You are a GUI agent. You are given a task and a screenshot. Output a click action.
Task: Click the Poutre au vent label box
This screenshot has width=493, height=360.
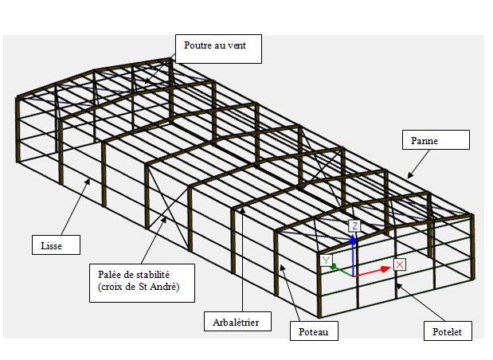(x=218, y=49)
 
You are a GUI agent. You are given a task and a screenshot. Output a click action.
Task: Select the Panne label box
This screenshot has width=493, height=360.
(x=436, y=140)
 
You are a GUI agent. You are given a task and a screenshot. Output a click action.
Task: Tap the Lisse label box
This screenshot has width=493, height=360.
(x=56, y=245)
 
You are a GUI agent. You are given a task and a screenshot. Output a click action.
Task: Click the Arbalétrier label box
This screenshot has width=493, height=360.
(x=237, y=321)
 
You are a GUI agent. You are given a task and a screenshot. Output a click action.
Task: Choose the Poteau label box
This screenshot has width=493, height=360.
(x=314, y=331)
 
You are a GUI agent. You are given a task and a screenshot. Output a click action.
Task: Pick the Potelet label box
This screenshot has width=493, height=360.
(x=448, y=331)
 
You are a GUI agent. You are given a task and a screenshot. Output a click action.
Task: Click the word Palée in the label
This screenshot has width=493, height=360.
(x=108, y=275)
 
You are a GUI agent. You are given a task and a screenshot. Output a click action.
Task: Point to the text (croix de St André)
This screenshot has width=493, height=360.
(x=139, y=287)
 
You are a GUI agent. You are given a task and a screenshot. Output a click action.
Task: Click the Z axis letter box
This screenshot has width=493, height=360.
(x=354, y=226)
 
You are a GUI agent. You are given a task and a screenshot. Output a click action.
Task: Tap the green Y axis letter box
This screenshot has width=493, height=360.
(x=327, y=260)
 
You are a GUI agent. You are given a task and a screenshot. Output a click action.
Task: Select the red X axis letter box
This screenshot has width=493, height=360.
(x=400, y=264)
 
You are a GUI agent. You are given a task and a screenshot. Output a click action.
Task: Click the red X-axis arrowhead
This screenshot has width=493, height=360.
(x=385, y=269)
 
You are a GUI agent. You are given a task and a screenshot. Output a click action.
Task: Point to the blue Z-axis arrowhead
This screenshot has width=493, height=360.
(x=353, y=240)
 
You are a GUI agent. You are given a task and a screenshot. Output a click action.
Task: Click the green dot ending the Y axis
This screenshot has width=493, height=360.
(x=334, y=267)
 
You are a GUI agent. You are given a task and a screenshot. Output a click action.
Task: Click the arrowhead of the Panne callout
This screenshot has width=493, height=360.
(x=409, y=176)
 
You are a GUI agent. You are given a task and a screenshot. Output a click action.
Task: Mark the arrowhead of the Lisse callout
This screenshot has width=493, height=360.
(x=88, y=182)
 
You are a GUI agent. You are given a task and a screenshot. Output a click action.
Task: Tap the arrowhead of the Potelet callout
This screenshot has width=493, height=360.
(x=398, y=286)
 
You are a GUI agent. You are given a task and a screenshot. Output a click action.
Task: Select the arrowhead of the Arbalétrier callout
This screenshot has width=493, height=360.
(x=242, y=210)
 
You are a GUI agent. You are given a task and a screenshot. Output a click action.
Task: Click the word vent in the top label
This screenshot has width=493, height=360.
(x=237, y=45)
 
